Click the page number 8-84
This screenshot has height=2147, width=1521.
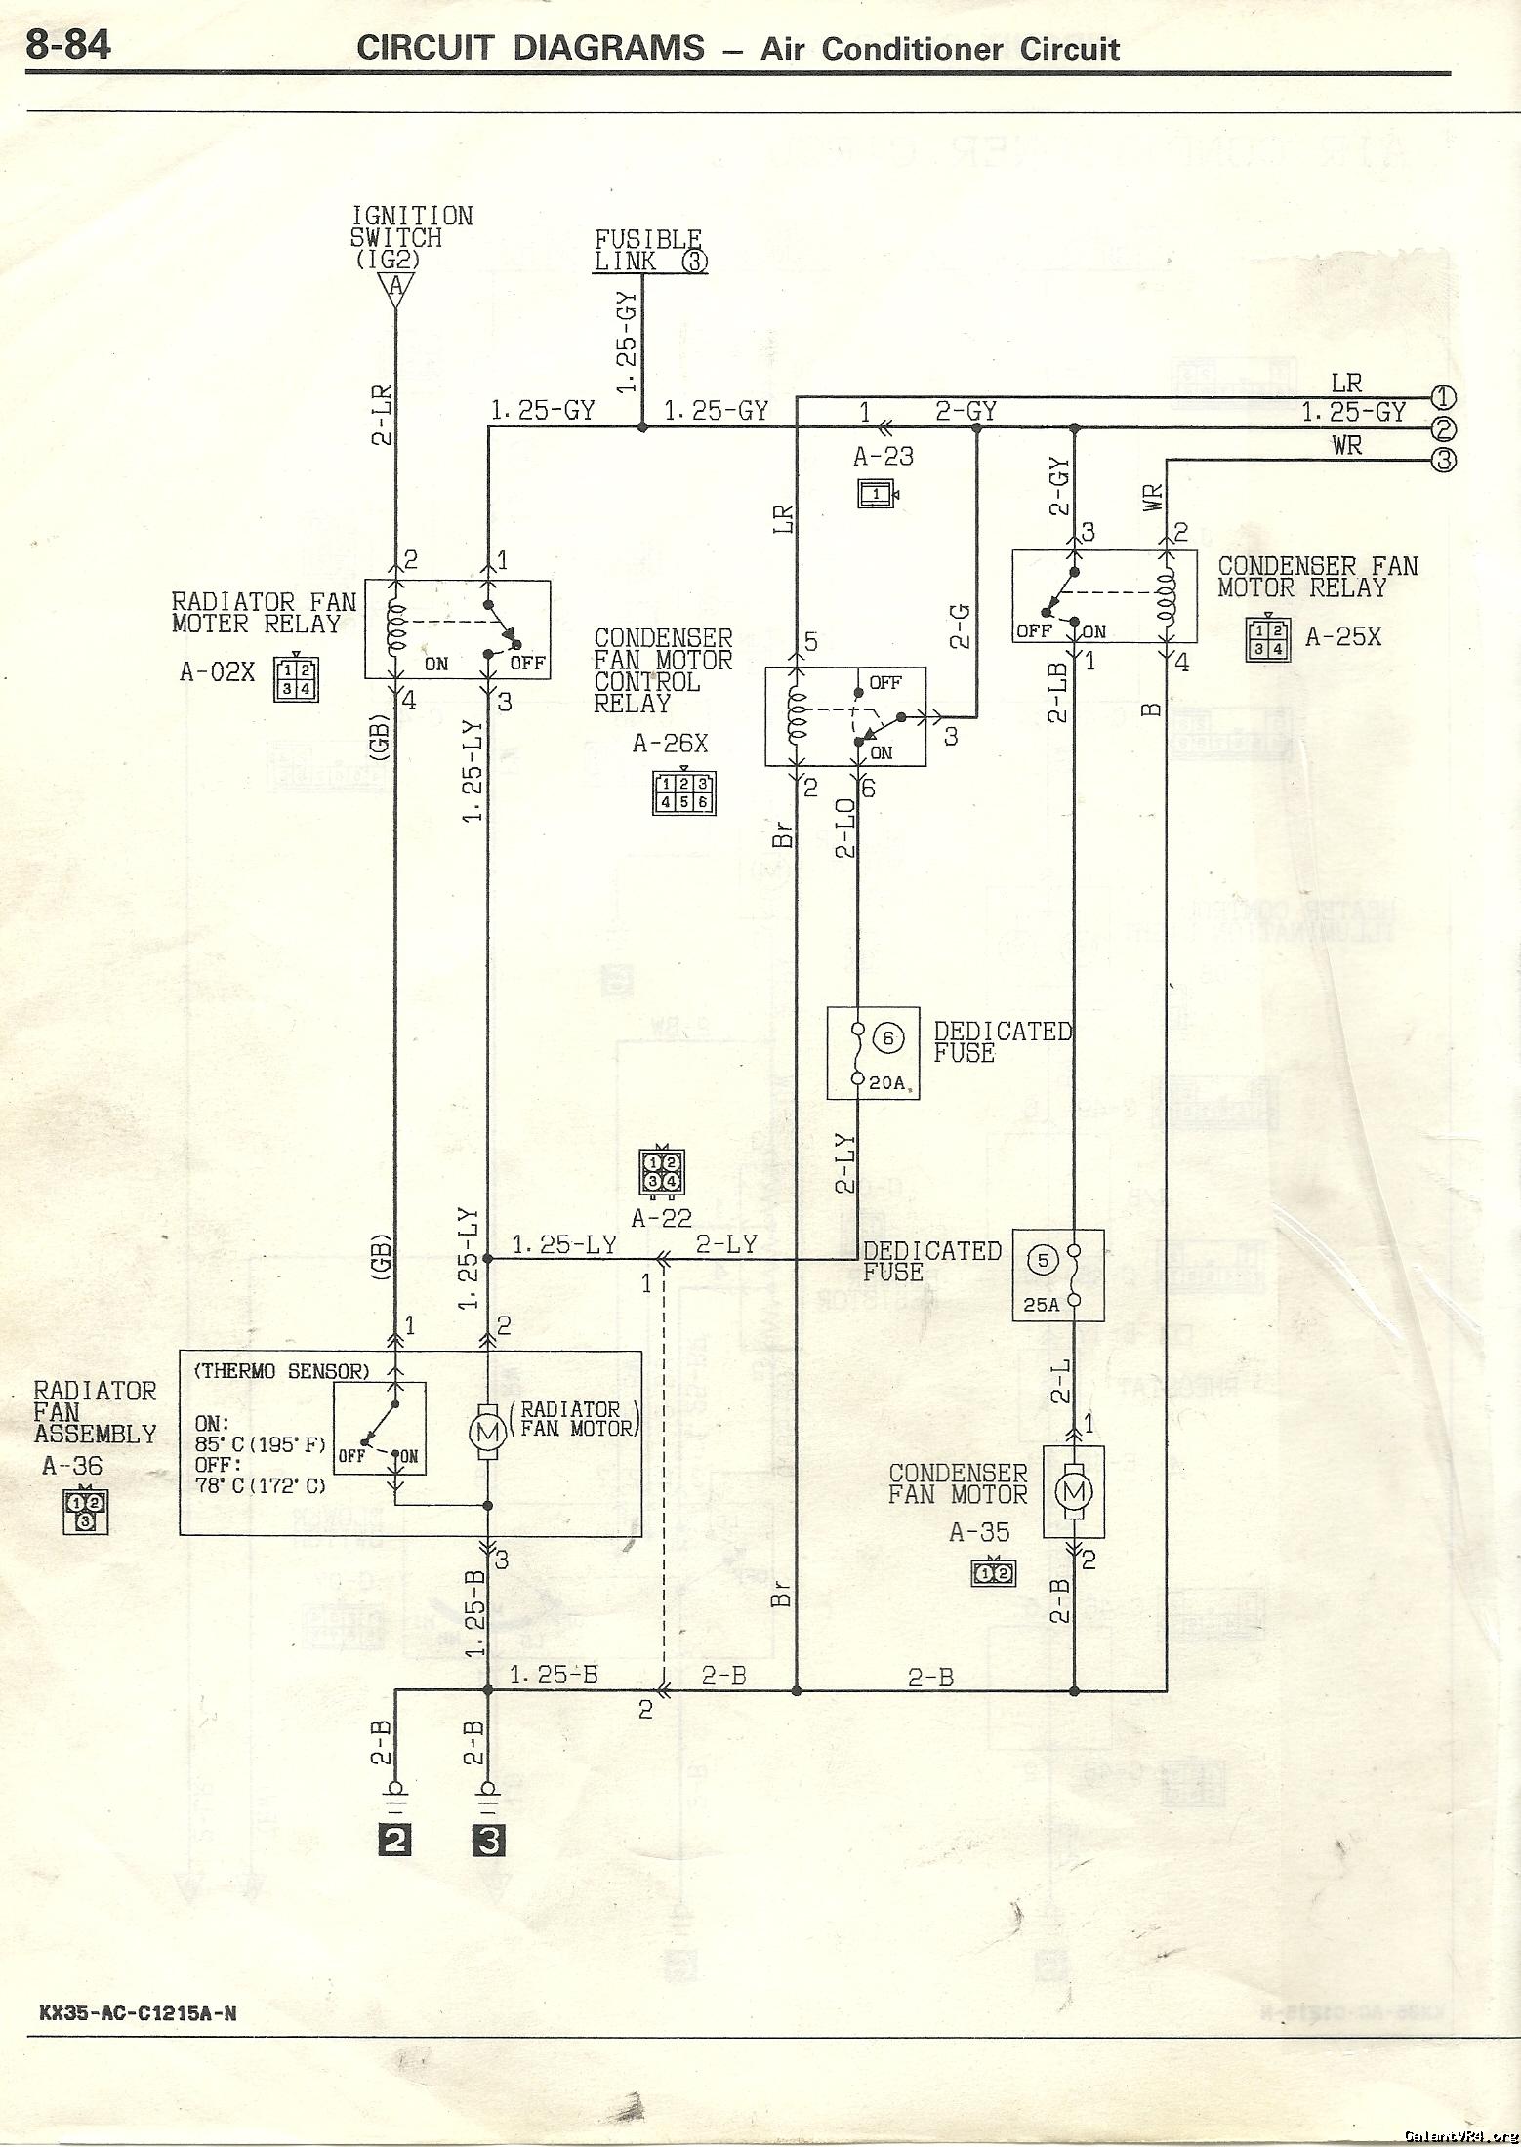click(x=68, y=45)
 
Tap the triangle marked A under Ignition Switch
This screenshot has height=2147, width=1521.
click(x=395, y=287)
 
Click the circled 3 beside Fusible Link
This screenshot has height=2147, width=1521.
click(x=694, y=261)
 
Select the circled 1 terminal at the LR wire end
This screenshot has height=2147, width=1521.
click(x=1443, y=397)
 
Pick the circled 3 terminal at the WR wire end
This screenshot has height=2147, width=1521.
click(x=1443, y=460)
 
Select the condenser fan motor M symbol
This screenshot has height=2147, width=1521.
click(x=1075, y=1490)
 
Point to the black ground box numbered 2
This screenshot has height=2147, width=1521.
click(x=395, y=1841)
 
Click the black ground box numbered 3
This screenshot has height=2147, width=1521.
click(x=488, y=1841)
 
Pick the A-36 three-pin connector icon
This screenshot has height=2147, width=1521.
click(x=85, y=1511)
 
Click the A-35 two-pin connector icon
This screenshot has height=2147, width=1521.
click(x=994, y=1572)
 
